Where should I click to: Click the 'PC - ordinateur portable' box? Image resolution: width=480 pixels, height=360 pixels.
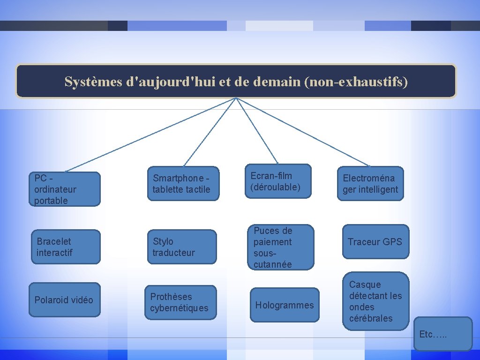(65, 189)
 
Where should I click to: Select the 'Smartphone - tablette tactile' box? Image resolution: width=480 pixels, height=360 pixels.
(183, 184)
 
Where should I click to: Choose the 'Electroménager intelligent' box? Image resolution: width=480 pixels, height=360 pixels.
(370, 184)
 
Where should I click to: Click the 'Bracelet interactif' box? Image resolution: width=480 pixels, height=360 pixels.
(65, 247)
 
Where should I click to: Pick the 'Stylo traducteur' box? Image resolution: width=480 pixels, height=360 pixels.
(182, 247)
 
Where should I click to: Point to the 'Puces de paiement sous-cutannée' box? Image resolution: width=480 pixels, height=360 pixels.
(280, 247)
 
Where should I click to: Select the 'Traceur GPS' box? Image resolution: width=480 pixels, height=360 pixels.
(375, 242)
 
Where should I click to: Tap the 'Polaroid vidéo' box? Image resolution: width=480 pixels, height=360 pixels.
(64, 300)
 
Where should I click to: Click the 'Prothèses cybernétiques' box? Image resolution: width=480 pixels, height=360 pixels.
(180, 302)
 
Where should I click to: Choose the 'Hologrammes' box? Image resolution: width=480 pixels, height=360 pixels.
(284, 305)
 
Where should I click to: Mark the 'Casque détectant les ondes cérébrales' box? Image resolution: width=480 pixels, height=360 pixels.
(375, 301)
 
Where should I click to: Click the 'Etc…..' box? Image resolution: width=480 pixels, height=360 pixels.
(443, 334)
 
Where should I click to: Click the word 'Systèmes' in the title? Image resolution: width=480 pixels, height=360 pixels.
(93, 82)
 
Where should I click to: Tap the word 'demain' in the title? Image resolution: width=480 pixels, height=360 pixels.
(277, 82)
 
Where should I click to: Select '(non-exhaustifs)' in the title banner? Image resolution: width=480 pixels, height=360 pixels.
(356, 82)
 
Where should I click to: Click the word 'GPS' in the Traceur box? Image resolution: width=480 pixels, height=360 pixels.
(392, 242)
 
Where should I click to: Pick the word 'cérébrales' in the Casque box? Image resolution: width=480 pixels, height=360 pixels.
(371, 318)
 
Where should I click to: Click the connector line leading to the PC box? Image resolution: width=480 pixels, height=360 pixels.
(150, 134)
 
